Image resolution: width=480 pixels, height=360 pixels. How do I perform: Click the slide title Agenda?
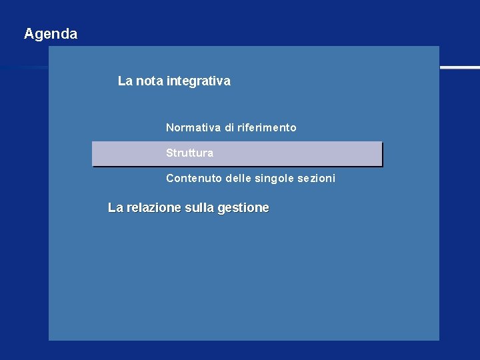51,34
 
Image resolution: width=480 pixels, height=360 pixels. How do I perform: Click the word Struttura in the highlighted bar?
190,153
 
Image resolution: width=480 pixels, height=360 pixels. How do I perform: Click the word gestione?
243,208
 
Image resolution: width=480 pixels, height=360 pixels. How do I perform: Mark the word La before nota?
125,81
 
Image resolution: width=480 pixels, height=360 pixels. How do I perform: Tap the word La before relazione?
115,208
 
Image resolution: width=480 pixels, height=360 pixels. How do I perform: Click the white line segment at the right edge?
459,67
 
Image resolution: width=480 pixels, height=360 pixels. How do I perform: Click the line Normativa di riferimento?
231,127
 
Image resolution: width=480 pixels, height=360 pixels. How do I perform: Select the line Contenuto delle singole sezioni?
251,179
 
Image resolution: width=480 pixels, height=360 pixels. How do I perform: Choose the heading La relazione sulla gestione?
189,208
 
